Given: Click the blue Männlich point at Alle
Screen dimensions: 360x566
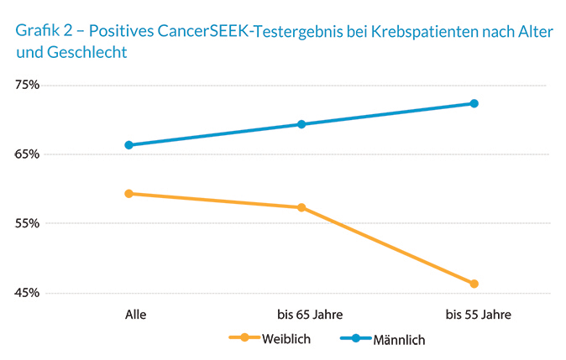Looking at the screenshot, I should pyautogui.click(x=128, y=145).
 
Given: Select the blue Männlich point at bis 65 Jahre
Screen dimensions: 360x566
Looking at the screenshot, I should pyautogui.click(x=301, y=124).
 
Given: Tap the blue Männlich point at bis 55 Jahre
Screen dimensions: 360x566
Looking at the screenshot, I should pyautogui.click(x=474, y=103).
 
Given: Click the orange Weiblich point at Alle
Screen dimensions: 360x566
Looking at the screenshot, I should pyautogui.click(x=128, y=194).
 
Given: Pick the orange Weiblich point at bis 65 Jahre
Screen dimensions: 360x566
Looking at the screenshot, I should pyautogui.click(x=301, y=207).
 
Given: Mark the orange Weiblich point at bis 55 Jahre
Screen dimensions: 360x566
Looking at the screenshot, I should pyautogui.click(x=474, y=284).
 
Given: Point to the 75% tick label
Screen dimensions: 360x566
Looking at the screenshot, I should pyautogui.click(x=27, y=86).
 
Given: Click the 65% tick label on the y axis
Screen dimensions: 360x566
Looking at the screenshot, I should pyautogui.click(x=27, y=154).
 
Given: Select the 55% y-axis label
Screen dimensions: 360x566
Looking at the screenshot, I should pyautogui.click(x=27, y=224).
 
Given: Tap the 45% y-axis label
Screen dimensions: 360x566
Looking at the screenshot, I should pyautogui.click(x=27, y=293).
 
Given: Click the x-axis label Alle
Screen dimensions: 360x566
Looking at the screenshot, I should pyautogui.click(x=135, y=315).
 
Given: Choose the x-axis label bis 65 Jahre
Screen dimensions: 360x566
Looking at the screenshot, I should pyautogui.click(x=309, y=315).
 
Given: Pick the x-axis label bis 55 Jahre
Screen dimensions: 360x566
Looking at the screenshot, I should pyautogui.click(x=478, y=315).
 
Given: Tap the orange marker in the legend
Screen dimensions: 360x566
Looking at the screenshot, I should pyautogui.click(x=244, y=338).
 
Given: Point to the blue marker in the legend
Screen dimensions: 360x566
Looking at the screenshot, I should pyautogui.click(x=355, y=338).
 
